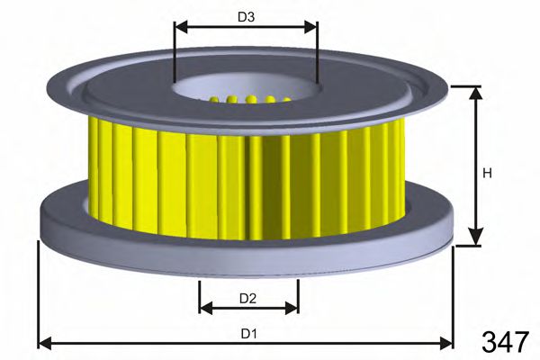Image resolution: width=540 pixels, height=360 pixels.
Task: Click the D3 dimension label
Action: point(246,17)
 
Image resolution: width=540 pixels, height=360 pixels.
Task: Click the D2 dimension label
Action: point(248,298)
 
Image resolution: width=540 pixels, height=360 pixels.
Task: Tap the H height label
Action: point(487,173)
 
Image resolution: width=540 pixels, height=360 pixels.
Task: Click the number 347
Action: point(504,342)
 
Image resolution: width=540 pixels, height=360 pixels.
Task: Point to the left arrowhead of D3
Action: point(178,27)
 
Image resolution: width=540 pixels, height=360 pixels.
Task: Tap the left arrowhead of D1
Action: point(43,343)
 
